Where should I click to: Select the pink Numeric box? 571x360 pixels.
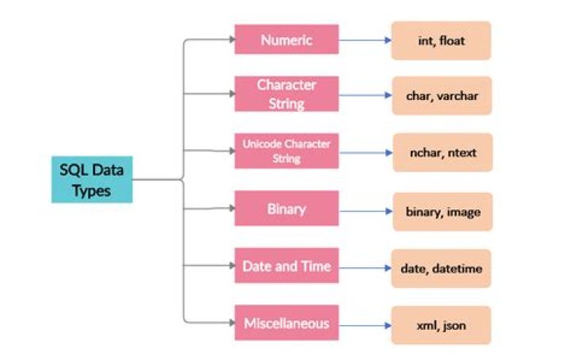click(286, 39)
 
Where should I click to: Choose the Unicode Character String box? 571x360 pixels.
click(286, 148)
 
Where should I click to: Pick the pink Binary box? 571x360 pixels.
click(286, 210)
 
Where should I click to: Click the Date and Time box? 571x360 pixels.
click(286, 266)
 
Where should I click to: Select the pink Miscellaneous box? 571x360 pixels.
click(286, 323)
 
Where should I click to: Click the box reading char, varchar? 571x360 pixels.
click(441, 96)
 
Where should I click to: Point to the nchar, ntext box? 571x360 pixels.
click(441, 151)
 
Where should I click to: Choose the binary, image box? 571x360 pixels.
click(441, 213)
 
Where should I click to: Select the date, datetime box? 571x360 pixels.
click(441, 270)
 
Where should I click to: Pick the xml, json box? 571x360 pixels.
click(441, 326)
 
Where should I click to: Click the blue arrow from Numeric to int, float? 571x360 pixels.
click(364, 40)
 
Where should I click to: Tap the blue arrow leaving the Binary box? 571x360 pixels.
click(364, 212)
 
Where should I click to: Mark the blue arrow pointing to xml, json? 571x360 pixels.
click(364, 324)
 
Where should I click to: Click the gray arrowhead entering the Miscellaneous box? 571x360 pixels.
click(230, 323)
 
